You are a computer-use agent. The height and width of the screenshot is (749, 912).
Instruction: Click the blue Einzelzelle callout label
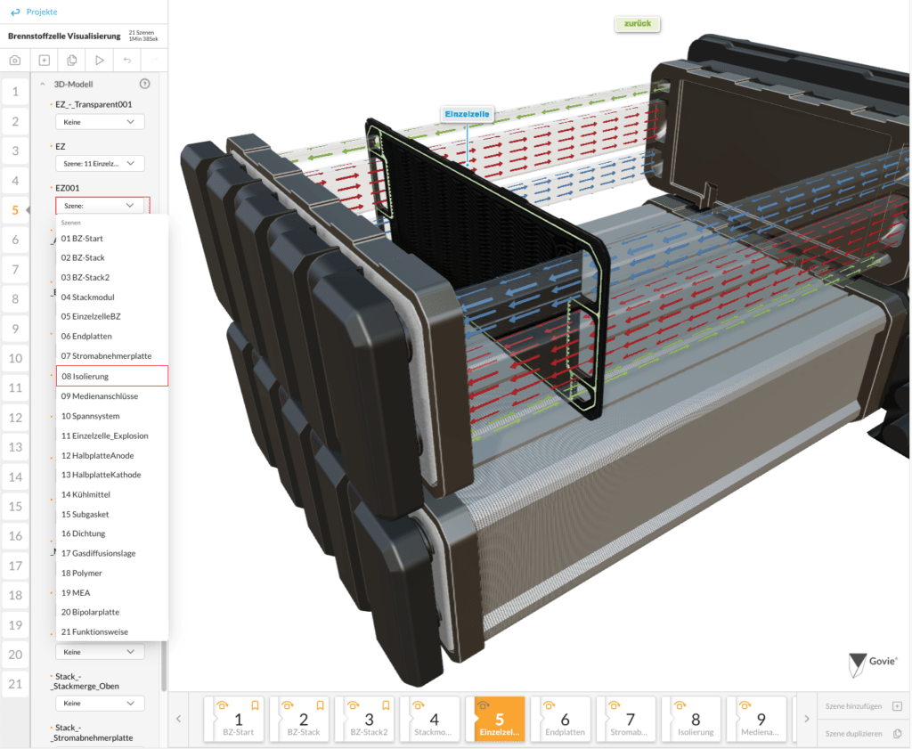467,114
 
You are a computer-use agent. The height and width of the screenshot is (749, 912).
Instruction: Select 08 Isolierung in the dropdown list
111,376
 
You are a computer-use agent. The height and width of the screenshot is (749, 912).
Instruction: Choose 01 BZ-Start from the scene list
111,239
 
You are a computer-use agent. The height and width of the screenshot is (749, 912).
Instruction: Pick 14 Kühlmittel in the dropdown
111,494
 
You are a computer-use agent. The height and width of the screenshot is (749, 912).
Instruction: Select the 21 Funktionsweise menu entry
111,631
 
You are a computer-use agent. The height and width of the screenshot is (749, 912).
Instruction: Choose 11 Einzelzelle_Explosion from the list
111,436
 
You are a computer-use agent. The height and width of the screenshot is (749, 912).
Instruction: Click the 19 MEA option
111,592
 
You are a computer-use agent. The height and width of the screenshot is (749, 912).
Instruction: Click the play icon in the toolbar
99,61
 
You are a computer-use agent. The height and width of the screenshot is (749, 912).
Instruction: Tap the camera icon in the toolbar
15,61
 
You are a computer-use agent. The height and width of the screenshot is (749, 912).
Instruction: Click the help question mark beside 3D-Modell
145,84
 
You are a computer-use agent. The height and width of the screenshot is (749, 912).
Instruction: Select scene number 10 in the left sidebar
15,358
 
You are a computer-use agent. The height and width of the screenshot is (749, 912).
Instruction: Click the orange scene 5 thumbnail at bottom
499,720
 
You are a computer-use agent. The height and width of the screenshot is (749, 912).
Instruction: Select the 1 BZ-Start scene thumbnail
238,720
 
